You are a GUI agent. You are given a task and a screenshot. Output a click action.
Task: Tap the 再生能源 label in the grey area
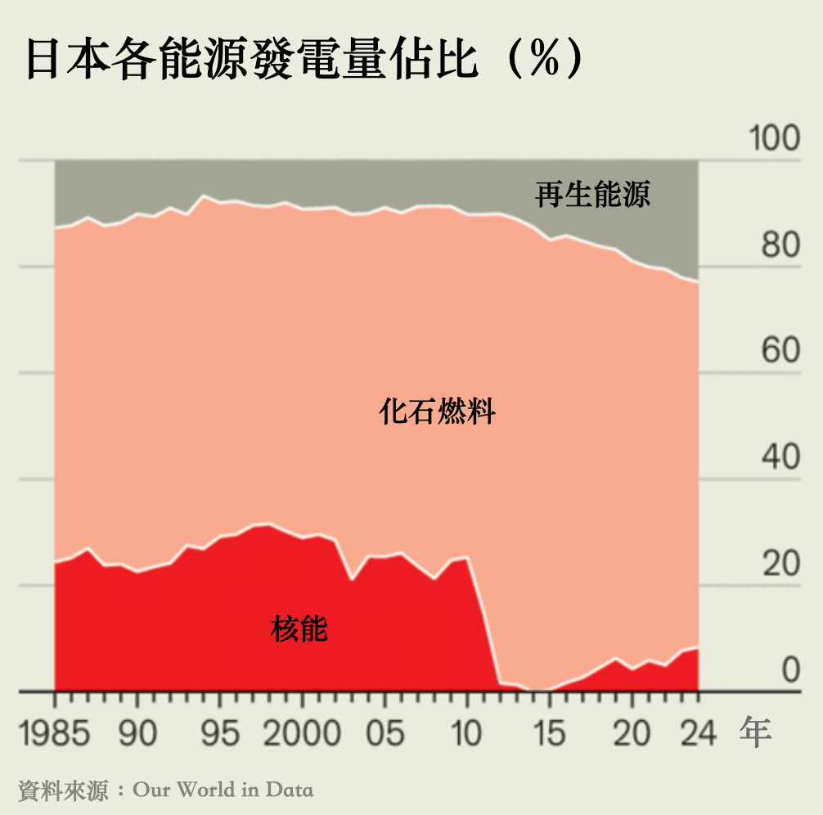tap(593, 195)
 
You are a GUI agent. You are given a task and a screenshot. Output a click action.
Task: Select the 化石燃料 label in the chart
tap(438, 412)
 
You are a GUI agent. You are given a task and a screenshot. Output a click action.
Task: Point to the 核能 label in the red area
tap(299, 630)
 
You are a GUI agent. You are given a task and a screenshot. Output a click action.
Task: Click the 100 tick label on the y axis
tap(775, 139)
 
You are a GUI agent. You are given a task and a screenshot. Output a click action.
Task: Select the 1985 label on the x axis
tap(55, 733)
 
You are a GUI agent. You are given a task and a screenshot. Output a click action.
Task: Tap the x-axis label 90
tap(137, 733)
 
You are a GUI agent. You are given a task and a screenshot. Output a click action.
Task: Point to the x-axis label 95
tap(220, 733)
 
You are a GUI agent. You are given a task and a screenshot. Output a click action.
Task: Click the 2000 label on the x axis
tap(302, 733)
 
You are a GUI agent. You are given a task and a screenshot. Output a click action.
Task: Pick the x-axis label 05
tap(385, 733)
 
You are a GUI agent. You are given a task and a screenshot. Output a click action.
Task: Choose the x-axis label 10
tap(466, 733)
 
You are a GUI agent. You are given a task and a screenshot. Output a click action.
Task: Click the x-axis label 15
tap(550, 733)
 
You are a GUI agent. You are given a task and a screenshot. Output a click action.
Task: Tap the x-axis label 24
tap(698, 733)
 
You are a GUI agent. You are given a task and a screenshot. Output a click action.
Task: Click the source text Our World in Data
tap(223, 790)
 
